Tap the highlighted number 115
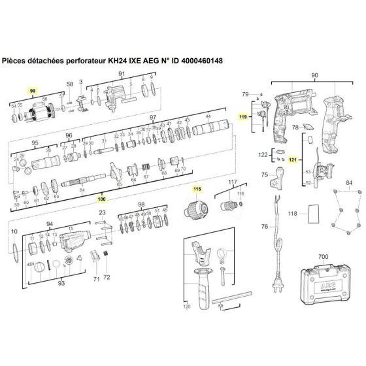[197, 190]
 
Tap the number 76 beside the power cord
[264, 227]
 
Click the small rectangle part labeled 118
[314, 212]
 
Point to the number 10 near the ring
[12, 231]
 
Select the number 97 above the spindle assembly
[154, 118]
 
